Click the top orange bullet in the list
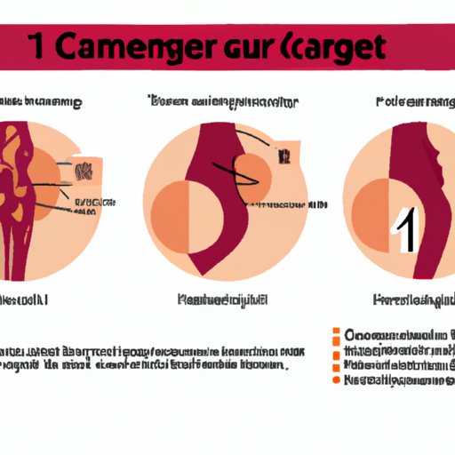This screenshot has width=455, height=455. (x=336, y=336)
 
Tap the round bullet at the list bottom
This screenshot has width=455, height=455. (x=336, y=379)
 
